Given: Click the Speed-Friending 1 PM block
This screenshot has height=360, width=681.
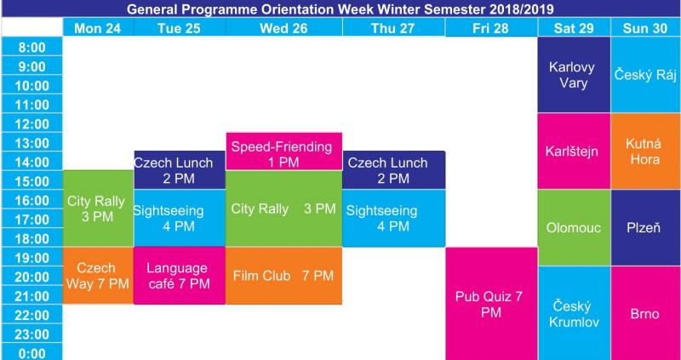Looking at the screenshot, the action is pyautogui.click(x=283, y=151).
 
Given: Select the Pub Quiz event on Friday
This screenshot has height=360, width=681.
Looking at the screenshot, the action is pyautogui.click(x=492, y=304).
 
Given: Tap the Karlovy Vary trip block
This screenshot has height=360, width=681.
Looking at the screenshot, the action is pyautogui.click(x=574, y=75).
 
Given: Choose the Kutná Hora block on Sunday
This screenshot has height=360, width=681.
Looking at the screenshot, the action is pyautogui.click(x=645, y=151).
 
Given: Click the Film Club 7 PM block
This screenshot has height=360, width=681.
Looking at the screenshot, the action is pyautogui.click(x=283, y=276).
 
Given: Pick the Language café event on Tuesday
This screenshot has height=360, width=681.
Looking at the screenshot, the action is pyautogui.click(x=180, y=276).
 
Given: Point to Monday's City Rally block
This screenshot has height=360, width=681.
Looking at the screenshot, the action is pyautogui.click(x=98, y=209).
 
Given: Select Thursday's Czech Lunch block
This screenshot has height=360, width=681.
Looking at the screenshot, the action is pyautogui.click(x=393, y=170).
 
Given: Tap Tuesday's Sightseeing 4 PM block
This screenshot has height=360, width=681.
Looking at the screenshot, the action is pyautogui.click(x=180, y=218).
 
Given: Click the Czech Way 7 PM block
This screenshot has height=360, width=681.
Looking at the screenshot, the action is pyautogui.click(x=98, y=276).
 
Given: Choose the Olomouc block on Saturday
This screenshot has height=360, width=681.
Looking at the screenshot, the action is pyautogui.click(x=574, y=227).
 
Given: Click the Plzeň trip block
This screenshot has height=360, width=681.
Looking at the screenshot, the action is pyautogui.click(x=645, y=227).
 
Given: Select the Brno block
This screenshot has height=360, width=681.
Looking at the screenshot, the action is pyautogui.click(x=645, y=313).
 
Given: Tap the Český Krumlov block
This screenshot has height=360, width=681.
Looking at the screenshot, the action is pyautogui.click(x=574, y=313).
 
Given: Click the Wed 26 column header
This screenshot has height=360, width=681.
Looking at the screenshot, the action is pyautogui.click(x=283, y=28).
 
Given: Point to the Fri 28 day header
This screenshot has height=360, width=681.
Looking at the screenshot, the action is pyautogui.click(x=492, y=28).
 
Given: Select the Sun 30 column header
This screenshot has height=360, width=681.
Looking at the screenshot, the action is pyautogui.click(x=645, y=28).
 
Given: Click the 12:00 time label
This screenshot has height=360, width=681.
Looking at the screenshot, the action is pyautogui.click(x=32, y=124).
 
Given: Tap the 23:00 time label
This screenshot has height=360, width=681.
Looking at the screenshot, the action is pyautogui.click(x=32, y=334).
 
